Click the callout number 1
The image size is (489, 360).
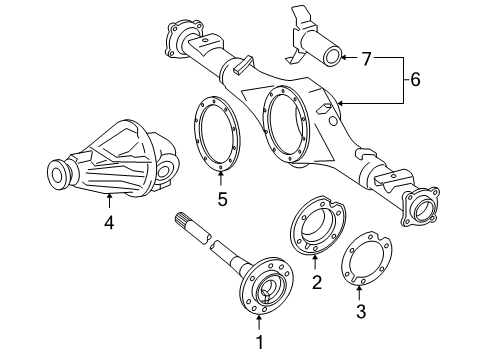point(259,343)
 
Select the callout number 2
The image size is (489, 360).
point(317,283)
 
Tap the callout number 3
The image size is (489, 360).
point(361,310)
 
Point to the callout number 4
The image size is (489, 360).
point(109,224)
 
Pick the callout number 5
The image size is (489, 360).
point(221,199)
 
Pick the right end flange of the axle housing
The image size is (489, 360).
point(421,211)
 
